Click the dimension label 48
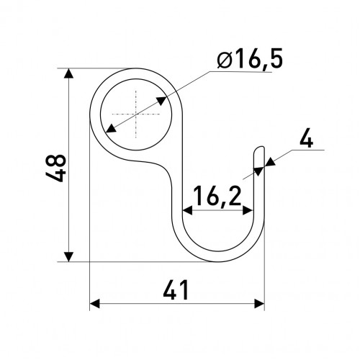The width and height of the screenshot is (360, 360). point(55,168)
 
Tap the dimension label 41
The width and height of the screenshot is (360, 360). point(176,290)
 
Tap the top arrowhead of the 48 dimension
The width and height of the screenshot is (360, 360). point(68,73)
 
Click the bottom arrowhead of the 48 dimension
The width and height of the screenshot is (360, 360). point(68,257)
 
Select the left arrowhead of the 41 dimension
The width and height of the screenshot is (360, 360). point(94,304)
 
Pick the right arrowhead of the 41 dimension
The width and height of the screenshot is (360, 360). point(259,304)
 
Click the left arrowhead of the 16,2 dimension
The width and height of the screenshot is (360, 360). point(187,210)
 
